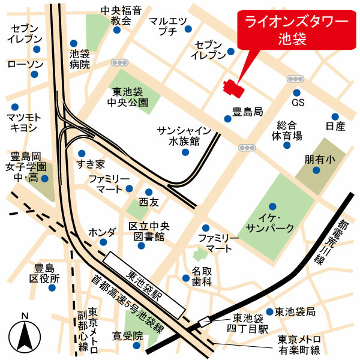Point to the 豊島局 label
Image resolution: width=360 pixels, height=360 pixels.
[248, 112]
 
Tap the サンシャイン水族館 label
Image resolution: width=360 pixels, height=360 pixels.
[184, 136]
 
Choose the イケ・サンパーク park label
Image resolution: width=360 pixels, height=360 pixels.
[269, 223]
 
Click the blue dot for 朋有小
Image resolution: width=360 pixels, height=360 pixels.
[316, 170]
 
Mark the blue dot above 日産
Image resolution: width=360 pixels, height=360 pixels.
[335, 116]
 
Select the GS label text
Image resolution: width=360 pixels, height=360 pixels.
[298, 103]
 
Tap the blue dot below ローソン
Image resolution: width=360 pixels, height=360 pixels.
[34, 74]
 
